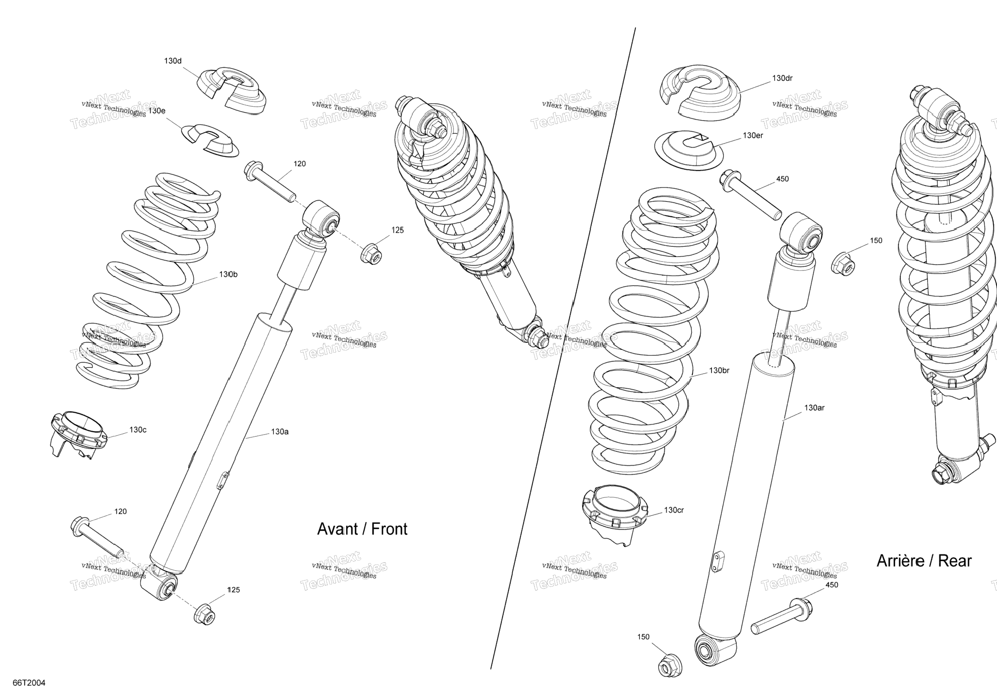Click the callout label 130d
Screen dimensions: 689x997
tap(173, 61)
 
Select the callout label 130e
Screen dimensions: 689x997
tap(157, 111)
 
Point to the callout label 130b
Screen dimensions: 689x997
tap(228, 274)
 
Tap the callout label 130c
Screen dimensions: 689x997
tap(138, 430)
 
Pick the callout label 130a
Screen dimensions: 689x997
tap(280, 431)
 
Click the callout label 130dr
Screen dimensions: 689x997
tap(782, 78)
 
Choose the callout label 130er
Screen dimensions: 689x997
tap(753, 135)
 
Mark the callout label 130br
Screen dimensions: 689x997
tap(719, 371)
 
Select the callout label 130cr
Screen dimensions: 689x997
tap(674, 510)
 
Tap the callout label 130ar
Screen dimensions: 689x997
tap(814, 407)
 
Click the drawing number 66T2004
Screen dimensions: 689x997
tap(29, 683)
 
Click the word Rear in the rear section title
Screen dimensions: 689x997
tap(954, 561)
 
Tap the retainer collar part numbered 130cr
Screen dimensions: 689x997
tap(614, 516)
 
